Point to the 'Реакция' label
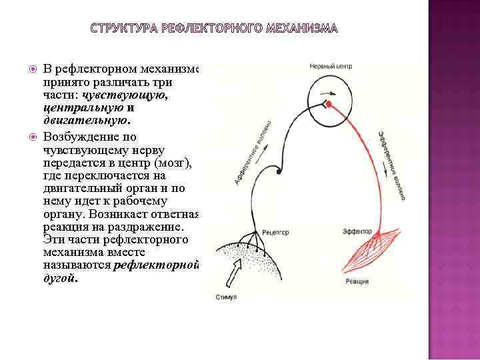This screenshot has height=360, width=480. (357, 282)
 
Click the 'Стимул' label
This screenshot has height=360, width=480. (225, 295)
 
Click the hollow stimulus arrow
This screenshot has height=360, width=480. (236, 270)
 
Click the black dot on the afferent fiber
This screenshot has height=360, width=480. (279, 173)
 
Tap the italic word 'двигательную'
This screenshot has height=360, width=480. (86, 121)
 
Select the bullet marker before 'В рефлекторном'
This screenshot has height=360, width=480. (33, 70)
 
